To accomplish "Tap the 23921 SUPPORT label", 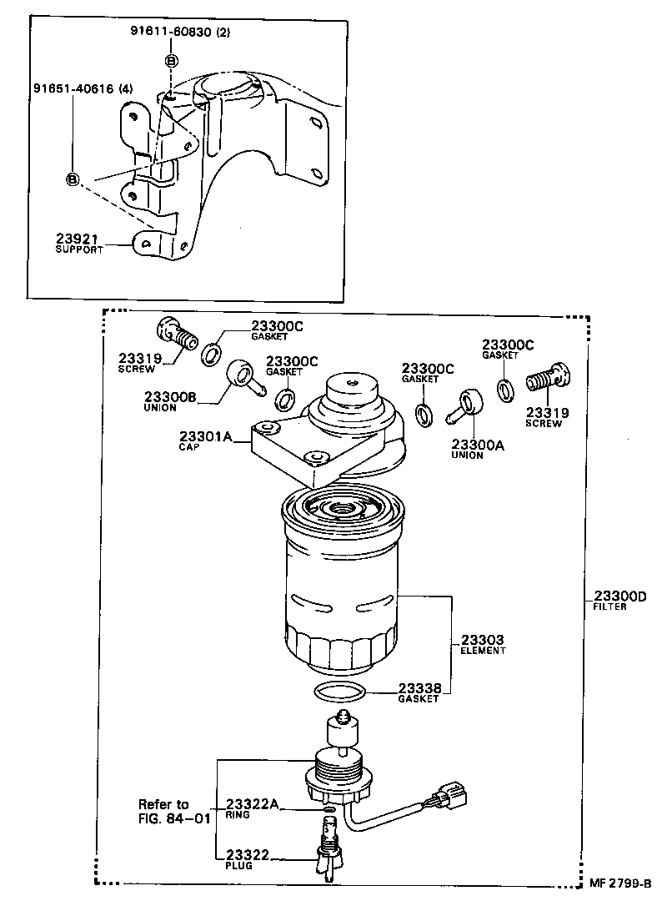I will [x=78, y=243].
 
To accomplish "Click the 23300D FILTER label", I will [x=620, y=601].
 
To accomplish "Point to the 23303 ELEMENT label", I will [x=483, y=644].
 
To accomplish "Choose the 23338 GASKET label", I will [x=419, y=692].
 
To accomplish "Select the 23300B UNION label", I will [x=170, y=401].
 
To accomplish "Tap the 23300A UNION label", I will [x=478, y=450].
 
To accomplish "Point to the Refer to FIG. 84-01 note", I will [x=174, y=811].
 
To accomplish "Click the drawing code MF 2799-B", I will [x=619, y=883].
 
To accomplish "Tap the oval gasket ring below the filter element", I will [x=339, y=692].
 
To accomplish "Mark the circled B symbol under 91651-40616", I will [x=73, y=179].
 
